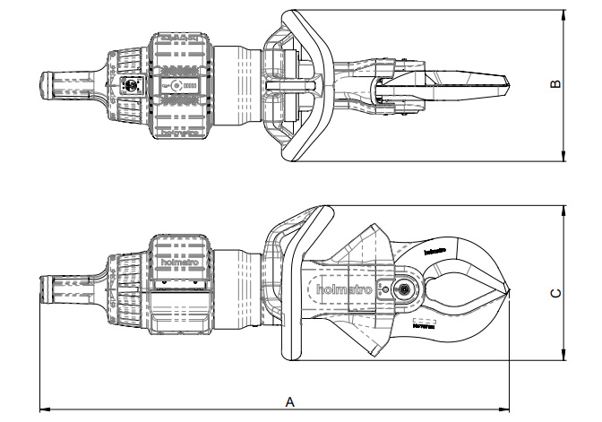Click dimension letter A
[x=289, y=402]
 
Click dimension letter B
[x=555, y=85]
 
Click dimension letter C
[x=555, y=292]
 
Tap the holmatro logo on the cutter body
[x=343, y=289]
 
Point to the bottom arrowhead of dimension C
[x=565, y=358]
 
